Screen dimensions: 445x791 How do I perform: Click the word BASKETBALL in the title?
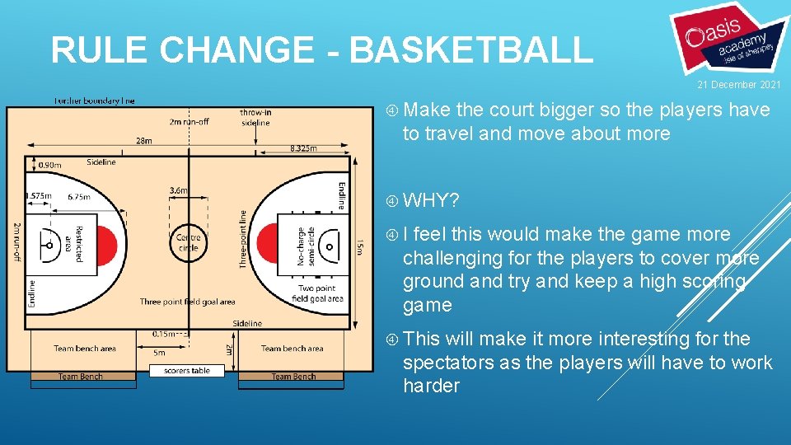(470, 49)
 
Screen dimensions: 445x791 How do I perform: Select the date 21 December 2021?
(738, 85)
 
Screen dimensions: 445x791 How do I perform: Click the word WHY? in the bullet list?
(431, 200)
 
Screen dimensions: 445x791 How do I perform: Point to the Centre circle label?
(189, 242)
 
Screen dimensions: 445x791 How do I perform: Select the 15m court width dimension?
(357, 245)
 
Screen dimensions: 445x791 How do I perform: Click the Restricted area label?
(74, 243)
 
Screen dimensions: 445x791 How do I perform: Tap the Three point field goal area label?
(187, 302)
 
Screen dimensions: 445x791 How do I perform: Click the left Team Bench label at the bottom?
(80, 377)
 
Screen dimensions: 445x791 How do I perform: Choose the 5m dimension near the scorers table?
(160, 352)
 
